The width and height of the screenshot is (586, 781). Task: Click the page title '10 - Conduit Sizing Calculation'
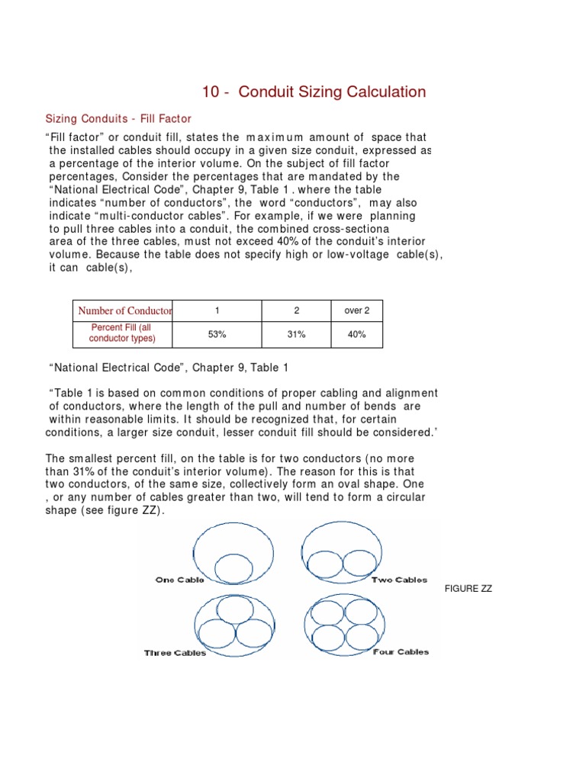pyautogui.click(x=314, y=92)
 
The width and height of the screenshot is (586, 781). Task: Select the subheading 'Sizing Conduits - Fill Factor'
pyautogui.click(x=118, y=119)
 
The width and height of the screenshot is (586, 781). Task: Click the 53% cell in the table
pyautogui.click(x=217, y=334)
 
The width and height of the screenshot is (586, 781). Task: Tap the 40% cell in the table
pyautogui.click(x=356, y=334)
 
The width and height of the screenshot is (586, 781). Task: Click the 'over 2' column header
pyautogui.click(x=356, y=311)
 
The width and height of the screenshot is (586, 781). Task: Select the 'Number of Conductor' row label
pyautogui.click(x=123, y=311)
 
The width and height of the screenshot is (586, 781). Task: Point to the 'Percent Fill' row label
pyautogui.click(x=123, y=333)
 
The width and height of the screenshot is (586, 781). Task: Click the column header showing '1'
pyautogui.click(x=217, y=311)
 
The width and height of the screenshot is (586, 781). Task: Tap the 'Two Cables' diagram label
pyautogui.click(x=399, y=580)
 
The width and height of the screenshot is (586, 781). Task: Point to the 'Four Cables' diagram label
pyautogui.click(x=401, y=651)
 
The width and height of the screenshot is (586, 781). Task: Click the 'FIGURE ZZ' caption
pyautogui.click(x=468, y=589)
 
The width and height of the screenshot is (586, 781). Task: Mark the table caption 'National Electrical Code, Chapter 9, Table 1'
pyautogui.click(x=169, y=368)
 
